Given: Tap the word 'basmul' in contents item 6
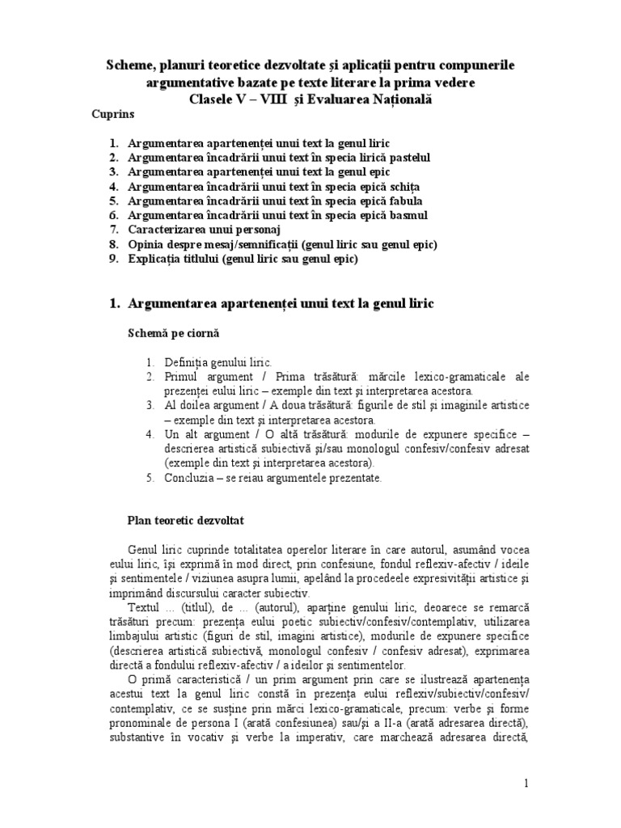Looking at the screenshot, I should (408, 215).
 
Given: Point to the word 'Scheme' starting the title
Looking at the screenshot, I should (135, 64).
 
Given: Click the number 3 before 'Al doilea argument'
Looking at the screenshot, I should (150, 405).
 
